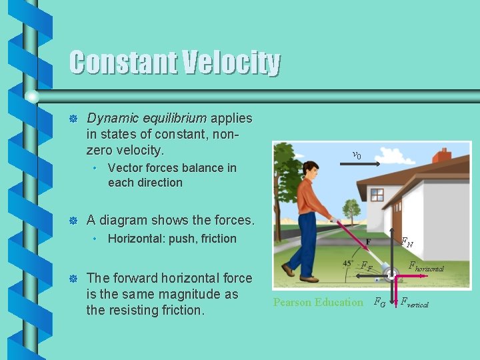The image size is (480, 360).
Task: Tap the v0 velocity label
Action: pyautogui.click(x=357, y=155)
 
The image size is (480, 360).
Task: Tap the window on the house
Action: pyautogui.click(x=377, y=194)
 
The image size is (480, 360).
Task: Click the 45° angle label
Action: pyautogui.click(x=349, y=263)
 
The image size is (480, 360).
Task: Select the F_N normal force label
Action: pyautogui.click(x=406, y=243)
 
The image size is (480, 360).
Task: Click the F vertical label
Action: pyautogui.click(x=413, y=303)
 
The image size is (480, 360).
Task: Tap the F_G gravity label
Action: pyautogui.click(x=379, y=302)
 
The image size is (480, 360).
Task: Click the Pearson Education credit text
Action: pyautogui.click(x=318, y=302)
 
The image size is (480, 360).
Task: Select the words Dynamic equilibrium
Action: pyautogui.click(x=147, y=118)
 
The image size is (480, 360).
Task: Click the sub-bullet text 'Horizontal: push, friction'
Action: pyautogui.click(x=172, y=239)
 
